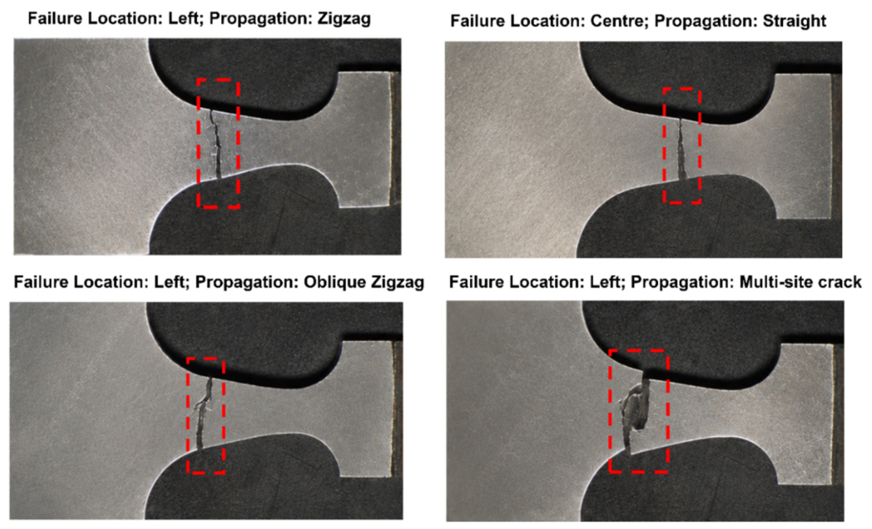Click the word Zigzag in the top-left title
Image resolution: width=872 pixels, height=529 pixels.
(344, 19)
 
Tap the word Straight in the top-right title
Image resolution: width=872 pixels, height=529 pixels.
(791, 21)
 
